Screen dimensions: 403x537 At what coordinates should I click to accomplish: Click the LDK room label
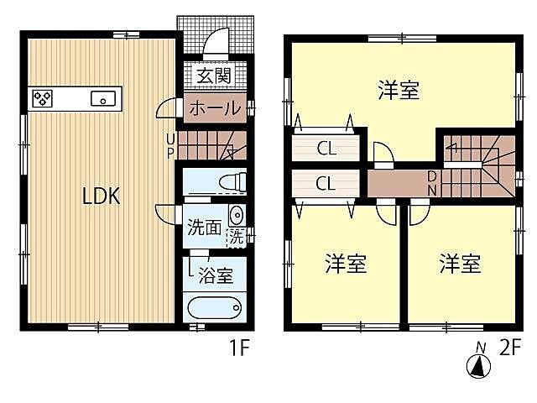click(102, 196)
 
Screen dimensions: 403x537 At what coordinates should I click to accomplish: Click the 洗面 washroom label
click(204, 227)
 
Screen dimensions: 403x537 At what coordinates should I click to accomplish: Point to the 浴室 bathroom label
click(216, 273)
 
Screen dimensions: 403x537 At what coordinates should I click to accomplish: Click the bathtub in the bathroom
click(216, 307)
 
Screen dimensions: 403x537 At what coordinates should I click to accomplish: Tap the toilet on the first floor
click(233, 181)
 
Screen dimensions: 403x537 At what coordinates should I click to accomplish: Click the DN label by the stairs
click(431, 182)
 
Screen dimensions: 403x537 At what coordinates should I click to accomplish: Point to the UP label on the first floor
click(170, 145)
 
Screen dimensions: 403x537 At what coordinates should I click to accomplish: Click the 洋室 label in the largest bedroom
click(398, 91)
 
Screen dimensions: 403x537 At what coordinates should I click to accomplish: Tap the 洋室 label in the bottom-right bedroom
click(460, 264)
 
